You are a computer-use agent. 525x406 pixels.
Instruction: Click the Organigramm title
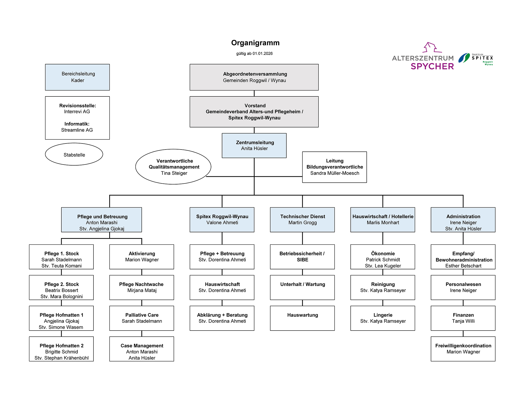point(255,43)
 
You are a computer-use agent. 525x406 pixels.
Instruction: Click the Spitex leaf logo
point(464,58)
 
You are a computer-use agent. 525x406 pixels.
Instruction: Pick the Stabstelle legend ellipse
point(74,155)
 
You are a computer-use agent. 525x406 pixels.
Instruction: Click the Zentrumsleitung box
point(254,146)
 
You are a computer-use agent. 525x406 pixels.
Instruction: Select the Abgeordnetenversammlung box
point(254,77)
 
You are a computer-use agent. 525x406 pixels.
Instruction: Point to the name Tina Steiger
point(174,173)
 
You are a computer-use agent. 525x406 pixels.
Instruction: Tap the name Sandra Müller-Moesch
point(335,173)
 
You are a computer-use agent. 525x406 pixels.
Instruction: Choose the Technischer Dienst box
point(302,220)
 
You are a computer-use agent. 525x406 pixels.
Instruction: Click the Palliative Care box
point(142,318)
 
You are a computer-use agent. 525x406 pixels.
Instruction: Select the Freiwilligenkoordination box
point(463,349)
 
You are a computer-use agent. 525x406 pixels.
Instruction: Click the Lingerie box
point(383,318)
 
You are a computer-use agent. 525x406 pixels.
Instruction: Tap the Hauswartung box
point(302,318)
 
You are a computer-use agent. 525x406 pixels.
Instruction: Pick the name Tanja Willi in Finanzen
point(463,321)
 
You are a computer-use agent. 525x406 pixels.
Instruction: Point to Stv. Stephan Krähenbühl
point(61,358)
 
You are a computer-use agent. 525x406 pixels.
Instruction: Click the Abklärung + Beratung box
point(222,318)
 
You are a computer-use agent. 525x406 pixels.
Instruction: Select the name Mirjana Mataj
point(142,290)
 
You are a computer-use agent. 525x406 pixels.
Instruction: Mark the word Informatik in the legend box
point(77,124)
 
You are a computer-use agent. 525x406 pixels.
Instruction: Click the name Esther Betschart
point(463,266)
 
